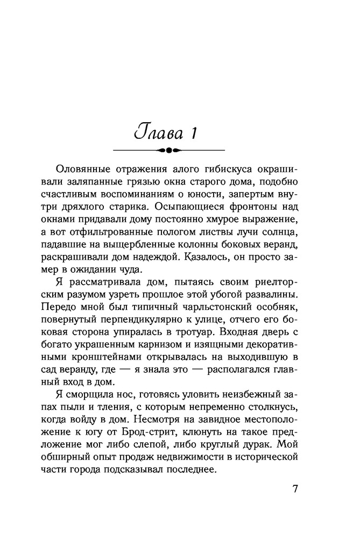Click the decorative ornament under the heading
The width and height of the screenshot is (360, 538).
tap(168, 150)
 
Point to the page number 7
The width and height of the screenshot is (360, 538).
tap(294, 489)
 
